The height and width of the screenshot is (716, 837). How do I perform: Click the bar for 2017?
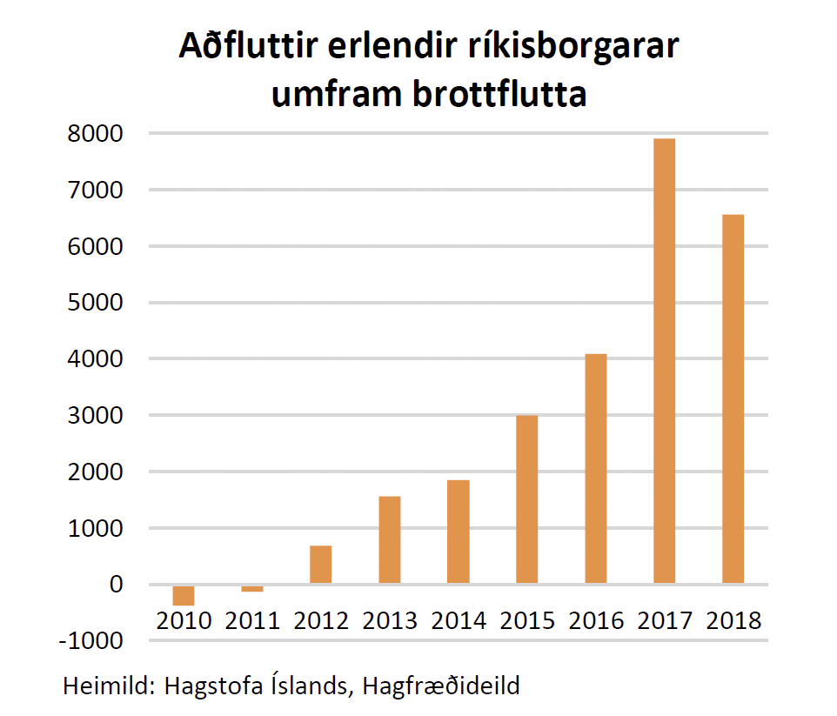[664, 361]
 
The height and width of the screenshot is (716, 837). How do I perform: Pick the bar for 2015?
[526, 499]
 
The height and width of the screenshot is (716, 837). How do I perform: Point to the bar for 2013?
[389, 539]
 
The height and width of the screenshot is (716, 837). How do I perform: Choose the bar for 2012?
[320, 565]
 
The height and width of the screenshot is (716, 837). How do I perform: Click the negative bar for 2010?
[183, 594]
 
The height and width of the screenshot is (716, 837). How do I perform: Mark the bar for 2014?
[458, 532]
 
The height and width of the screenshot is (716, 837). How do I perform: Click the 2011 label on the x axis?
[252, 620]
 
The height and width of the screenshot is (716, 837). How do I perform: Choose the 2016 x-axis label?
[596, 620]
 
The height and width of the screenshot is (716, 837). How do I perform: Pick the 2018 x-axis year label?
[733, 620]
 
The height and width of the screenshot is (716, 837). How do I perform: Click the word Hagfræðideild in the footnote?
[439, 686]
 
